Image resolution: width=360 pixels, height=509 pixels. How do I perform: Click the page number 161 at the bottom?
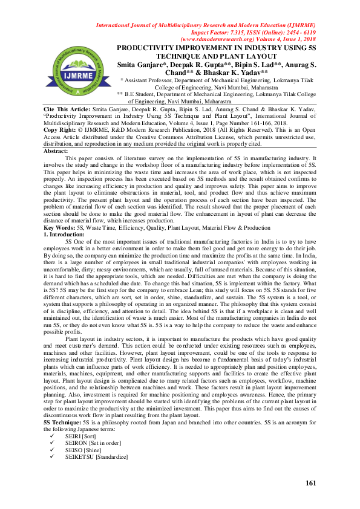click(x=311, y=483)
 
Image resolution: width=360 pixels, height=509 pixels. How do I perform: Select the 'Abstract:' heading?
click(x=57, y=151)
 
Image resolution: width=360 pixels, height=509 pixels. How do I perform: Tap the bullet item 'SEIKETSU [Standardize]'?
click(x=97, y=458)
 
